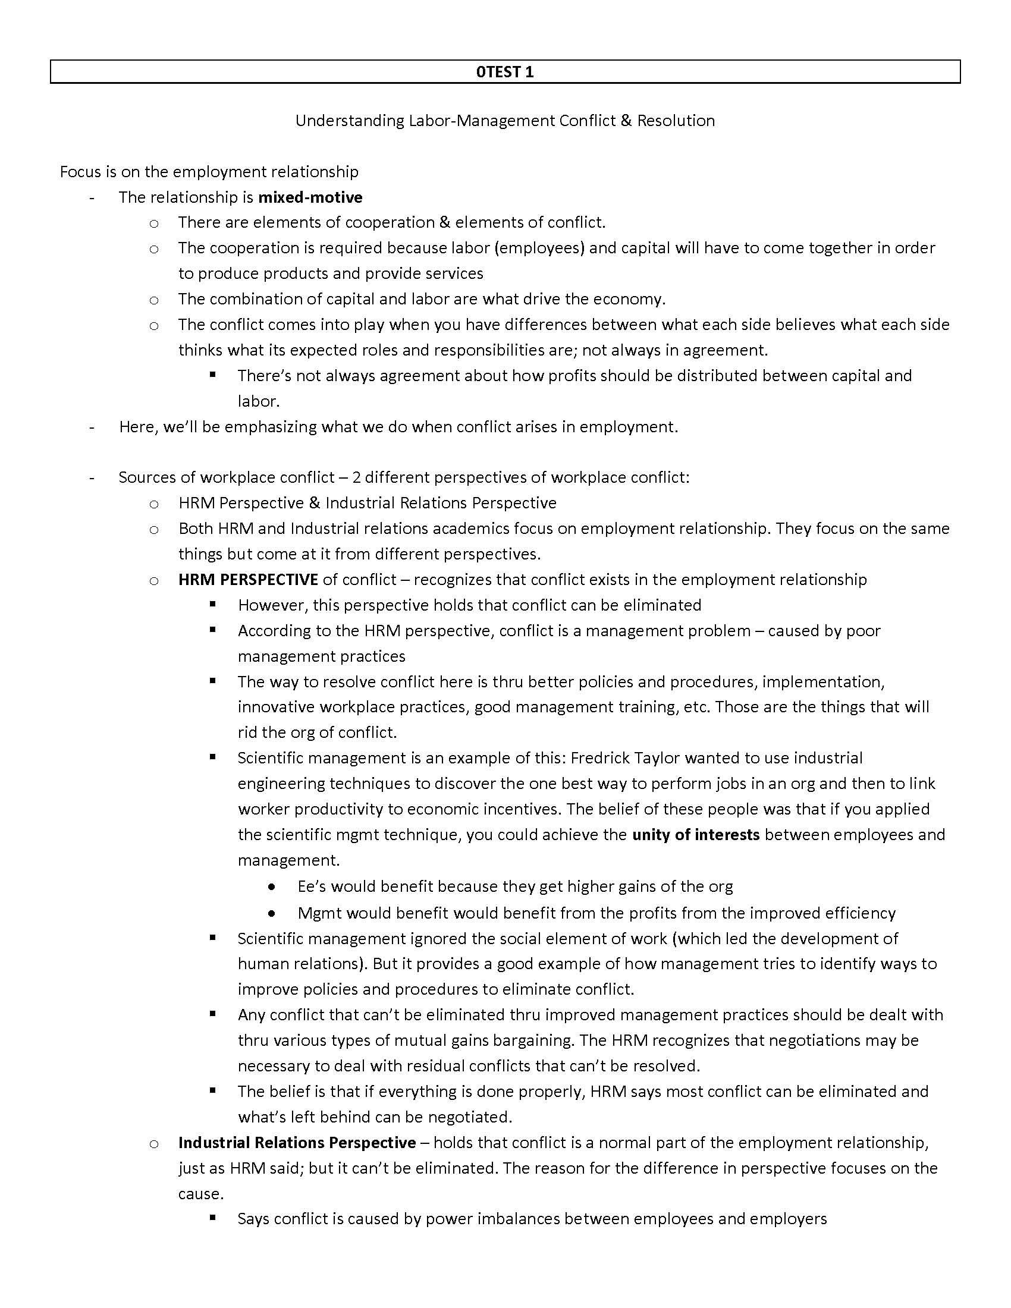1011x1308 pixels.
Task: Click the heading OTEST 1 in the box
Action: [x=504, y=72]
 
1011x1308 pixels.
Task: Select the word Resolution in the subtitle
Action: [x=676, y=120]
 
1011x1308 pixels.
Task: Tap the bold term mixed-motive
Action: [x=310, y=197]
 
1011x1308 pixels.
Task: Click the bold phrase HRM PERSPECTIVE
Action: [x=248, y=579]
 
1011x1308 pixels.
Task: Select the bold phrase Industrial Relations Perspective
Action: [x=297, y=1142]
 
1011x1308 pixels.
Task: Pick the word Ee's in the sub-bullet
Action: [x=312, y=886]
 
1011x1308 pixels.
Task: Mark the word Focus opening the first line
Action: [x=81, y=172]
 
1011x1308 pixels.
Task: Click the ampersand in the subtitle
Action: [x=626, y=120]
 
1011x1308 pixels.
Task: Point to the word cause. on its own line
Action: [x=201, y=1193]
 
